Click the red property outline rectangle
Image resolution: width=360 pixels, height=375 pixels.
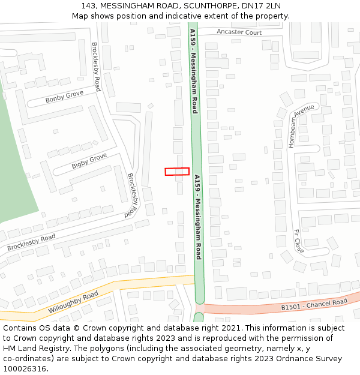point(177,172)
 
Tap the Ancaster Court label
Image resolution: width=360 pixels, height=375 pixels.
point(239,32)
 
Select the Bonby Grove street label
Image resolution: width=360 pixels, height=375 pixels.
point(64,97)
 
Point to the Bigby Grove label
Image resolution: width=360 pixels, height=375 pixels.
point(89,160)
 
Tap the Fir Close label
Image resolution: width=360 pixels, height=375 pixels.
point(299,240)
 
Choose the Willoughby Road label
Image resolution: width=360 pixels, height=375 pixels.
point(73,303)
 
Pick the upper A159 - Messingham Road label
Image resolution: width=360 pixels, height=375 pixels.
point(193,71)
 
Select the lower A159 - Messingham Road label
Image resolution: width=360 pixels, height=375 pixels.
point(197,217)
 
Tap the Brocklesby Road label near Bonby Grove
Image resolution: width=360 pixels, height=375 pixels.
point(95,66)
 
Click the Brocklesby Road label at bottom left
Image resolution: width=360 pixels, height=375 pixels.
point(31,242)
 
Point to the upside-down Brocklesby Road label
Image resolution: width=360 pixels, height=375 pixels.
point(132,195)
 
